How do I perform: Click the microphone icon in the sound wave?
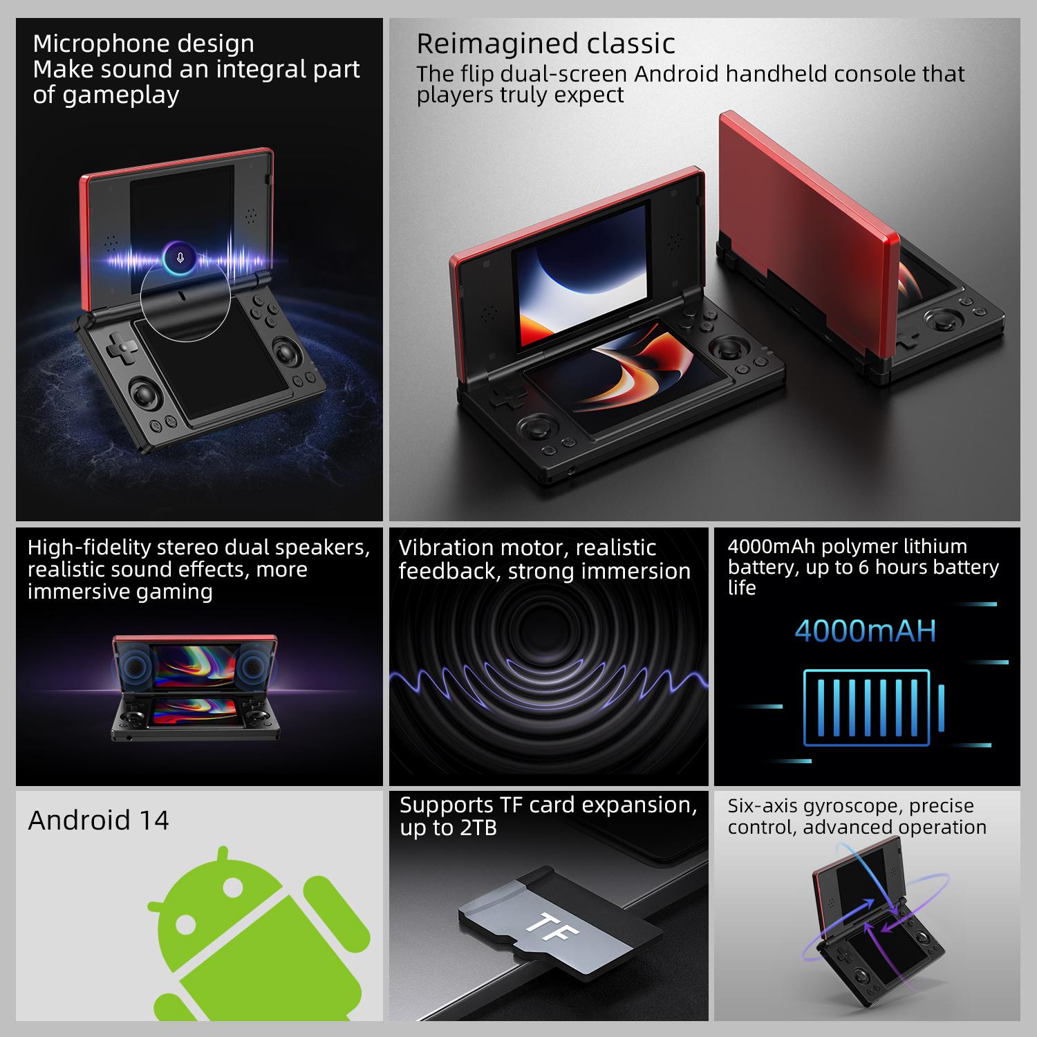click(180, 258)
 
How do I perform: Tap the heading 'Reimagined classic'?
click(545, 44)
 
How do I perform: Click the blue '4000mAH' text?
click(865, 630)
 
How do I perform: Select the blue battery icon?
click(874, 707)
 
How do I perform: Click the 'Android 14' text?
click(98, 820)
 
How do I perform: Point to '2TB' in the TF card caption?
click(477, 828)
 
